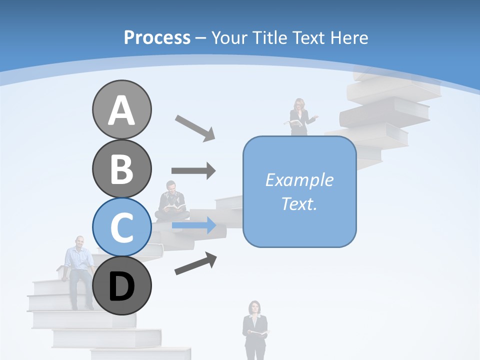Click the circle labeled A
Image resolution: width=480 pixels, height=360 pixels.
coord(121,109)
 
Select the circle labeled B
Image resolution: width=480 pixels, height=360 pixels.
coord(121,168)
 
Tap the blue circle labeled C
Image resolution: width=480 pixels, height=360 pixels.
coord(121,227)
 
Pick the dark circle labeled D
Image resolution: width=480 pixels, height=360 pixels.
coord(121,286)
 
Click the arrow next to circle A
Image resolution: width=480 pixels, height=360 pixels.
coord(195,127)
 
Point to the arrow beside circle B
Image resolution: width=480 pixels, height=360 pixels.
coord(193,170)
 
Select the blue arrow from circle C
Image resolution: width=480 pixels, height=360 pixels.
coord(193,225)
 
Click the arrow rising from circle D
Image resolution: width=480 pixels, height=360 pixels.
coord(195,263)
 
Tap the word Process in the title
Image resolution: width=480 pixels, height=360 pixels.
coord(157,37)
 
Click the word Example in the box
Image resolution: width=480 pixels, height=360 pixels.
coord(299,180)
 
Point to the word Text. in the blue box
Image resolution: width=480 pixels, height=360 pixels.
coord(299,203)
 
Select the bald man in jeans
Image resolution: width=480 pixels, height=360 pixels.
coord(78,270)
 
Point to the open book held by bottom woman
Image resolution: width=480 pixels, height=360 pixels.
coord(259,332)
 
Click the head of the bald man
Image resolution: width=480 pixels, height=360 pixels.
coord(79,242)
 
